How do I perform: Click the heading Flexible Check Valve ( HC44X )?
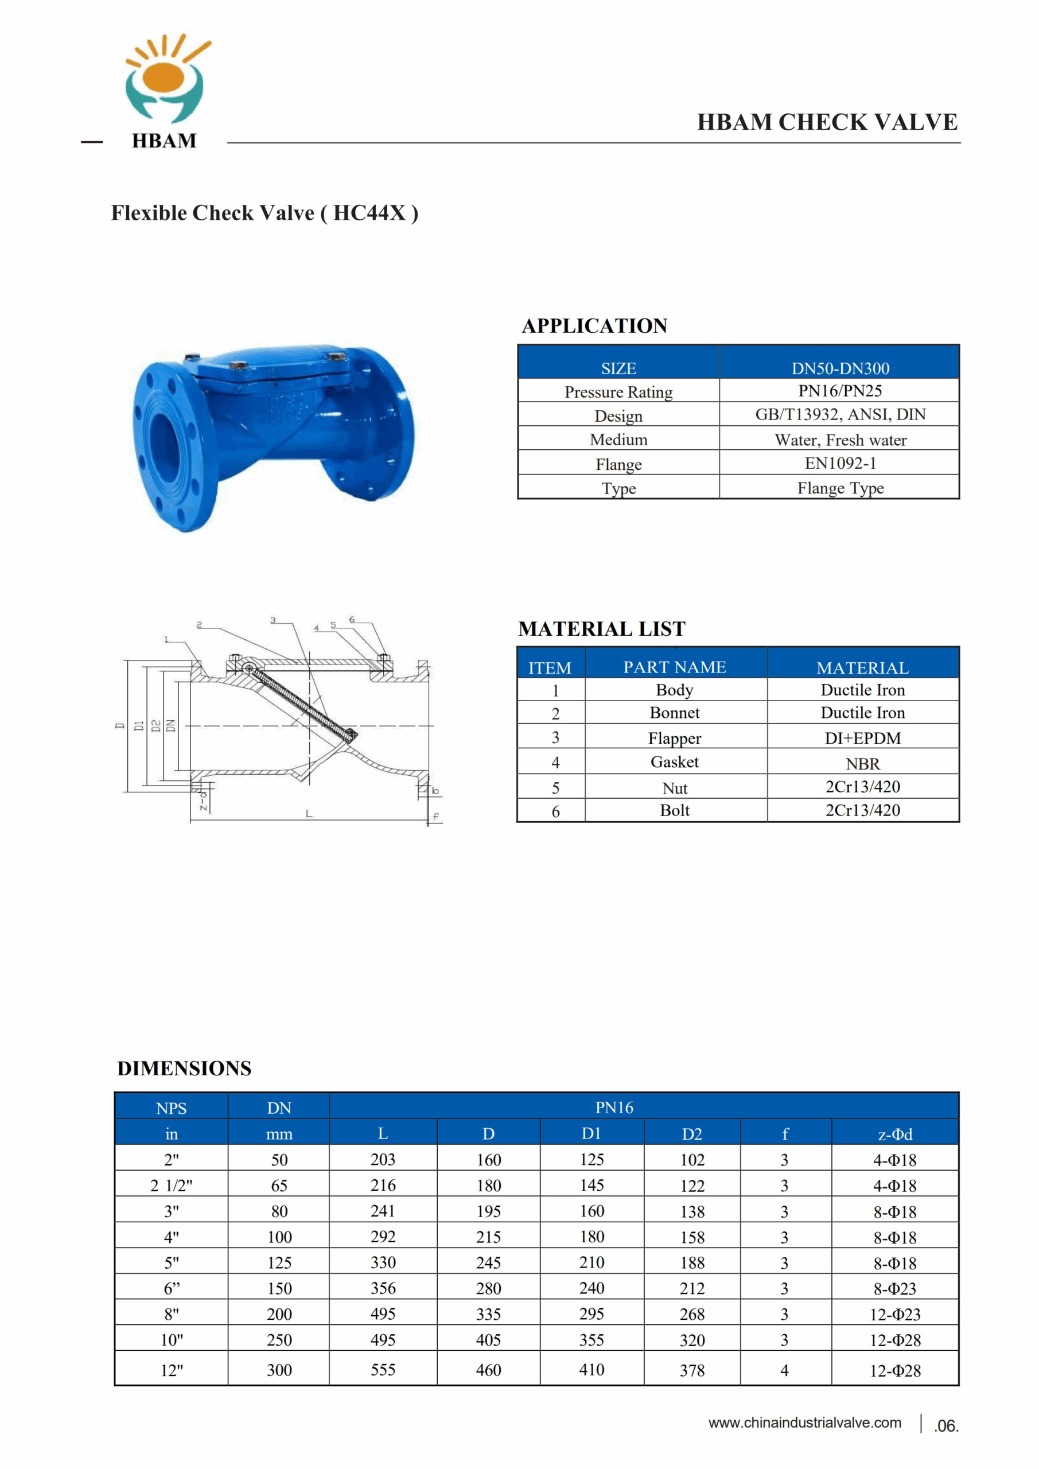tap(264, 213)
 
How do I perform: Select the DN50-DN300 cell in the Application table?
tap(839, 368)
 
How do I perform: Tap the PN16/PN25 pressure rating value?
tap(839, 391)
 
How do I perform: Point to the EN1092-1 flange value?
tap(839, 463)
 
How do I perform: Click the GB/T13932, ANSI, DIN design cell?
tap(839, 415)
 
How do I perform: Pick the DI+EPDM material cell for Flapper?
tap(862, 738)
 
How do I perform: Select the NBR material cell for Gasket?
tap(862, 763)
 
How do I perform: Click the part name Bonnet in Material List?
tap(674, 713)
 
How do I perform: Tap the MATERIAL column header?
tap(862, 667)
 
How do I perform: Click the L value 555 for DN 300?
tap(383, 1369)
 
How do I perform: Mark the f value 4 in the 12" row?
tap(784, 1370)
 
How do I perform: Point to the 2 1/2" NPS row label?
tap(171, 1186)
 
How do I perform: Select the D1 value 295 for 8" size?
tap(592, 1313)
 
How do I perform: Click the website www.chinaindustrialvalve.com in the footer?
tap(804, 1423)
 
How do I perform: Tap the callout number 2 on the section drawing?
tap(199, 624)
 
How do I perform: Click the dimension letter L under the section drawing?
tap(309, 814)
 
